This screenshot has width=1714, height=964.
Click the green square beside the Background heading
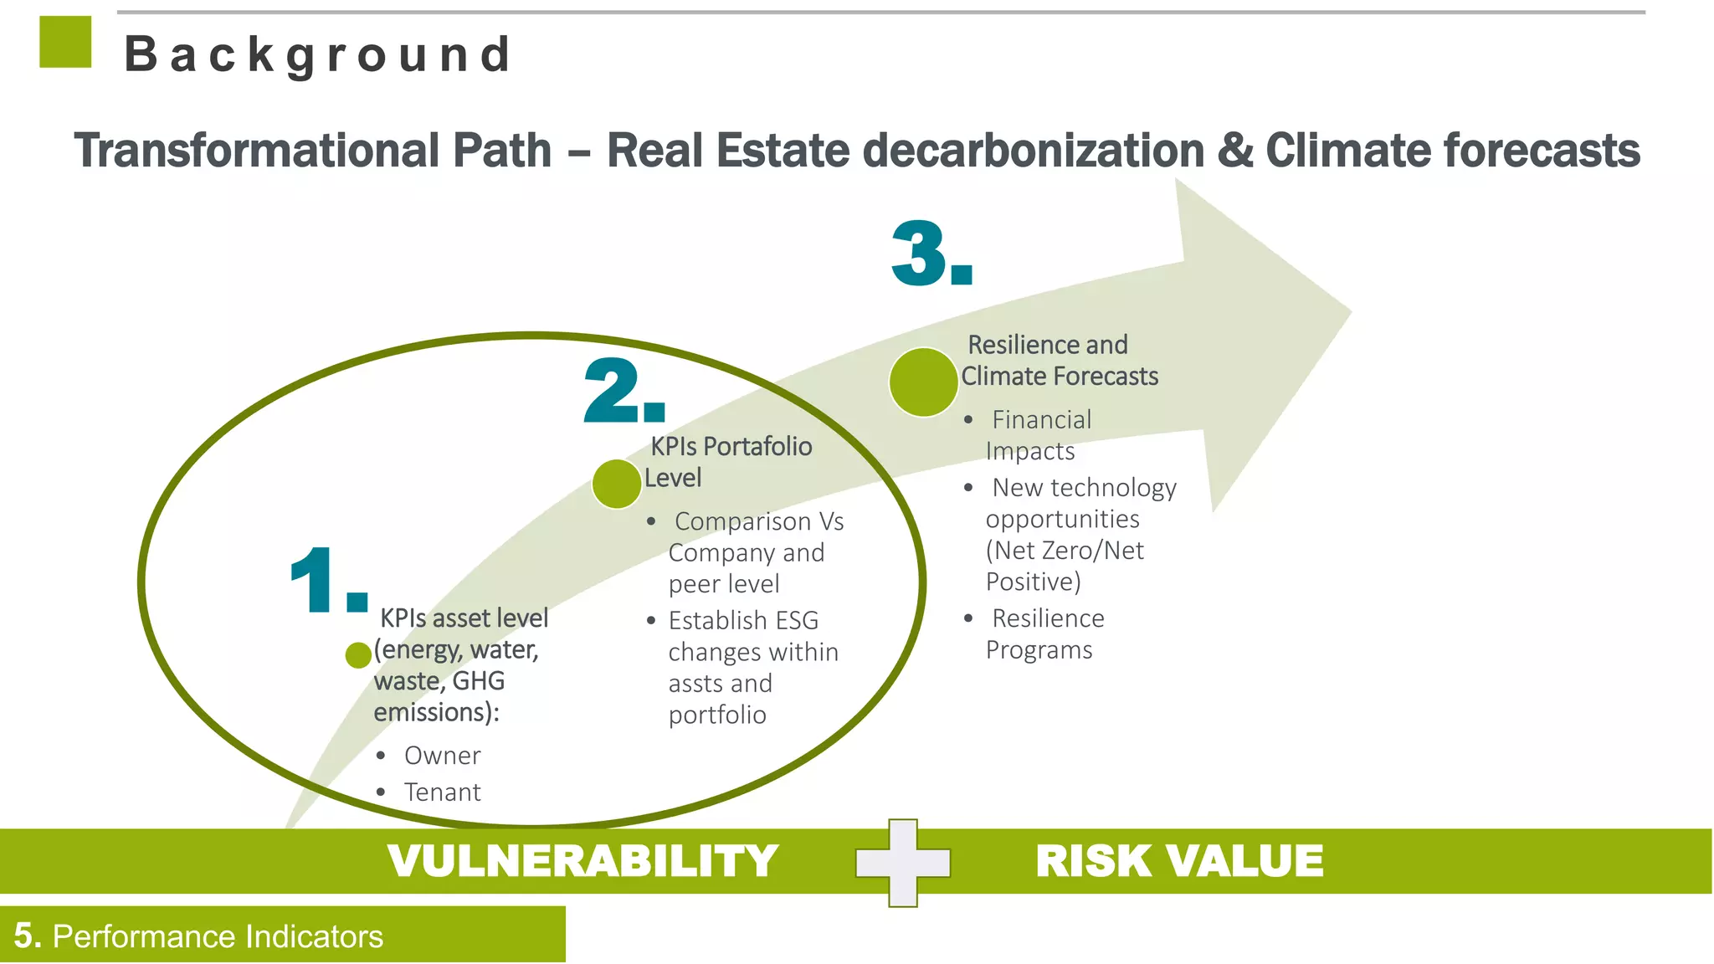pyautogui.click(x=65, y=42)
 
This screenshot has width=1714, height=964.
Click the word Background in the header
pyautogui.click(x=318, y=55)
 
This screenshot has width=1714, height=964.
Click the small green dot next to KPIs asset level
pyautogui.click(x=358, y=655)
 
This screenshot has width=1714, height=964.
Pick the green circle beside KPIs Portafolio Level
pyautogui.click(x=617, y=484)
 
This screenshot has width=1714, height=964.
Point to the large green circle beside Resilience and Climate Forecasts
pyautogui.click(x=923, y=382)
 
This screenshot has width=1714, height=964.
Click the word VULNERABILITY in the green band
pyautogui.click(x=582, y=861)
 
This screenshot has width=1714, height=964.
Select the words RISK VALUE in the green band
pyautogui.click(x=1179, y=861)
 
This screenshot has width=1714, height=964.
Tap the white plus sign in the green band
pyautogui.click(x=903, y=863)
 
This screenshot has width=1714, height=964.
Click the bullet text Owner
pyautogui.click(x=442, y=756)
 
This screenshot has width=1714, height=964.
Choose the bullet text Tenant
pyautogui.click(x=442, y=792)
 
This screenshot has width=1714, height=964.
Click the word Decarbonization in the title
pyautogui.click(x=1033, y=151)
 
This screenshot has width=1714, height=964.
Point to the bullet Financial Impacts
pyautogui.click(x=1038, y=435)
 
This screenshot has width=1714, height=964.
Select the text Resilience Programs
pyautogui.click(x=1043, y=633)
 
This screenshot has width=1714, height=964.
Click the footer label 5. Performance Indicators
pyautogui.click(x=199, y=936)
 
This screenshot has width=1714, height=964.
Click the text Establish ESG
pyautogui.click(x=743, y=621)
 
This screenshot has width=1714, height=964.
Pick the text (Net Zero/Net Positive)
pyautogui.click(x=1065, y=566)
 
